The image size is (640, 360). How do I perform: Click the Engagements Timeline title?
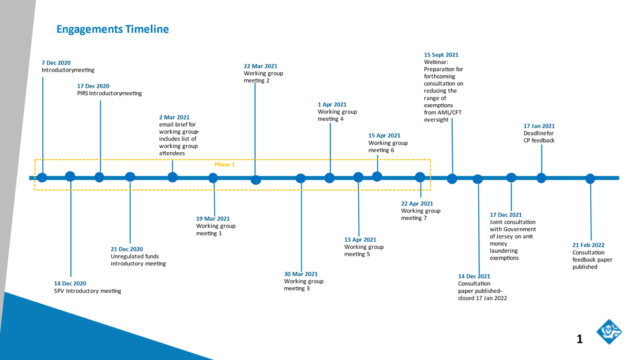click(x=113, y=29)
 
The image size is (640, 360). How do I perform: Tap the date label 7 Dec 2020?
click(x=56, y=63)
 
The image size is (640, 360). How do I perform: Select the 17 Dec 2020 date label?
click(x=93, y=86)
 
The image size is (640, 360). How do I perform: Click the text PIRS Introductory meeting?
click(x=109, y=93)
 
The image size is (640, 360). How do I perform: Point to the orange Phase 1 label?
click(x=224, y=164)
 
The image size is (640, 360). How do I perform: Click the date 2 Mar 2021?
click(x=175, y=118)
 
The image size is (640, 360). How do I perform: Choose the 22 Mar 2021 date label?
click(x=260, y=66)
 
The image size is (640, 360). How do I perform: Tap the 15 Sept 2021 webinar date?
click(x=441, y=55)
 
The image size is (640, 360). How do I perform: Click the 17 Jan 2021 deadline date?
click(x=539, y=126)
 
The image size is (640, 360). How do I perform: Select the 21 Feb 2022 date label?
click(x=588, y=246)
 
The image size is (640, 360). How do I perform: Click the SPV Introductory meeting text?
click(x=88, y=291)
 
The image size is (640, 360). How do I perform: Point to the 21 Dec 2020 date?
click(x=127, y=249)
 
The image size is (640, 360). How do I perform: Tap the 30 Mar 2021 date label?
click(x=300, y=274)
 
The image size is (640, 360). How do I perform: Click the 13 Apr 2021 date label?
click(x=360, y=240)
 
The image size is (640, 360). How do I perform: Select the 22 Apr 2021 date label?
click(x=417, y=204)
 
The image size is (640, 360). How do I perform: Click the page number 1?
click(x=580, y=339)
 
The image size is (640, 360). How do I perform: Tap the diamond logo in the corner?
click(x=609, y=331)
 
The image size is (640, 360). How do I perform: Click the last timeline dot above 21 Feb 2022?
click(x=589, y=178)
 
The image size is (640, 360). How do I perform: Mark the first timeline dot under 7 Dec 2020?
click(x=42, y=177)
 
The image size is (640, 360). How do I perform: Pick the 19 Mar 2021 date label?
click(x=213, y=219)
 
